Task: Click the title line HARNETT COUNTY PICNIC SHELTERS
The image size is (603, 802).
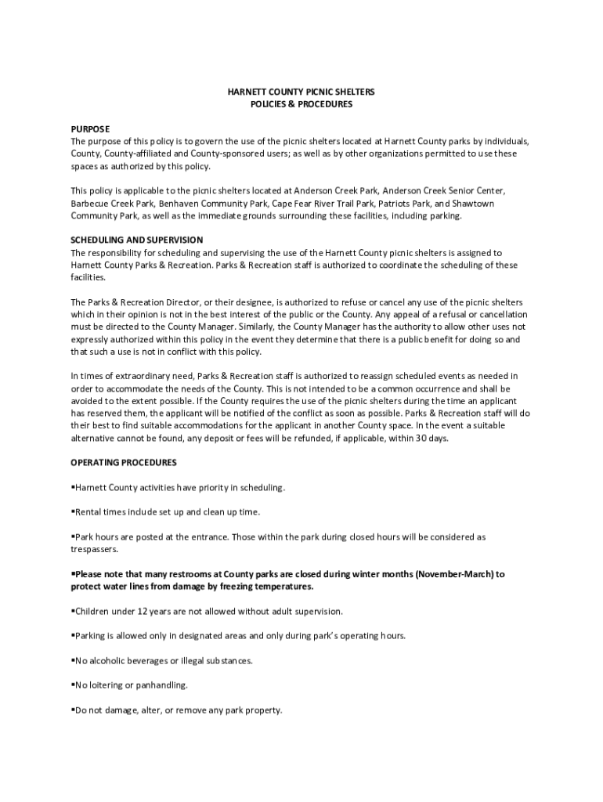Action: pyautogui.click(x=301, y=92)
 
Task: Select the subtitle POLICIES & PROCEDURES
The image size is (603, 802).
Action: pyautogui.click(x=301, y=104)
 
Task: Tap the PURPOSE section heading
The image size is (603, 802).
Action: pyautogui.click(x=91, y=128)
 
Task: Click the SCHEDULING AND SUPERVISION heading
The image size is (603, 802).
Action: pyautogui.click(x=137, y=240)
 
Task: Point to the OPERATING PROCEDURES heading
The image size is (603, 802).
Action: pyautogui.click(x=124, y=462)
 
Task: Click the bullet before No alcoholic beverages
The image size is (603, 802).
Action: pyautogui.click(x=73, y=660)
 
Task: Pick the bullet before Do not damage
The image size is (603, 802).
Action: pyautogui.click(x=73, y=710)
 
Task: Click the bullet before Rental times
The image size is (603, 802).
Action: pyautogui.click(x=73, y=511)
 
